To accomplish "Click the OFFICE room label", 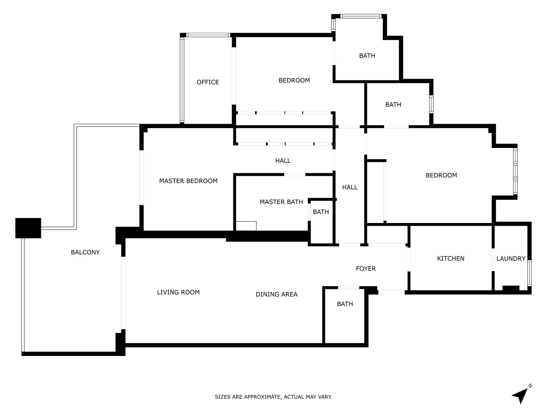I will [208, 82].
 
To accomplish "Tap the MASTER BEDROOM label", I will [188, 181].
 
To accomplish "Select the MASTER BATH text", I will [281, 202].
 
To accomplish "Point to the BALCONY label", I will [85, 252].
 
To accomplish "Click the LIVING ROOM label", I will [178, 292].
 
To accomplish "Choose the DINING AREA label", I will [277, 294].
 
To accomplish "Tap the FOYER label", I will [366, 269].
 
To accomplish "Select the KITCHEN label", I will [450, 258].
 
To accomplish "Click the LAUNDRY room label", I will [511, 258].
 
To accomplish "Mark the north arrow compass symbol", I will [521, 395].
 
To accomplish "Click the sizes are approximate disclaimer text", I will [273, 397].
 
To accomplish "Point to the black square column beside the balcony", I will [28, 228].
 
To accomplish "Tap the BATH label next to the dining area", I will [345, 304].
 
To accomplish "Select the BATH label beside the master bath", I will [321, 212].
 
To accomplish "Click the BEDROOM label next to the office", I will [294, 80].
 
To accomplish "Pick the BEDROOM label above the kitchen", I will [441, 175].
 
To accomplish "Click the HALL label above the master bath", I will [283, 161].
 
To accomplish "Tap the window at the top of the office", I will [208, 35].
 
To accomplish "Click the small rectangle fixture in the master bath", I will [246, 226].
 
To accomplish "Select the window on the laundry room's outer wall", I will [529, 273].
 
